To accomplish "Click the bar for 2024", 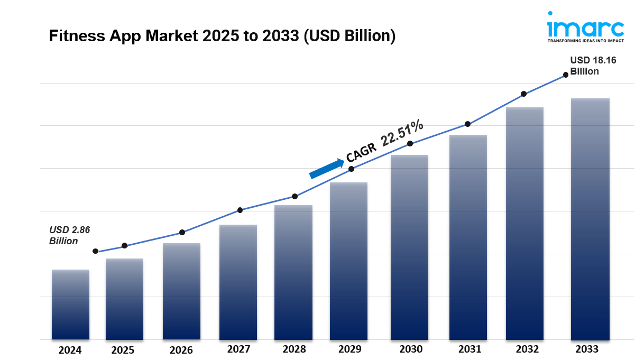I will tap(70, 304).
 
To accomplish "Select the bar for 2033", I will tap(590, 219).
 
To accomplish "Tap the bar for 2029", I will tap(348, 261).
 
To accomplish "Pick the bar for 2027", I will tap(238, 282).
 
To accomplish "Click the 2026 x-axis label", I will tap(181, 350).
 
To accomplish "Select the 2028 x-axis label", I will tap(294, 349).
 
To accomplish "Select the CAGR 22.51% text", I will tap(384, 140).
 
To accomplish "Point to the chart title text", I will tap(222, 36).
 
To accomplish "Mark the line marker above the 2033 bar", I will tap(566, 75).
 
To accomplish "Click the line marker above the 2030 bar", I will tap(410, 144).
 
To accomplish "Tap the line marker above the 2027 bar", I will tap(240, 210).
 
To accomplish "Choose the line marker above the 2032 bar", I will tap(523, 94).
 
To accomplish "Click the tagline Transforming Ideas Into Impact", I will tap(578, 41).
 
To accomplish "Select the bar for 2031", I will tap(468, 237).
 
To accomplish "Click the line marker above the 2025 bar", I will tap(125, 245).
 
